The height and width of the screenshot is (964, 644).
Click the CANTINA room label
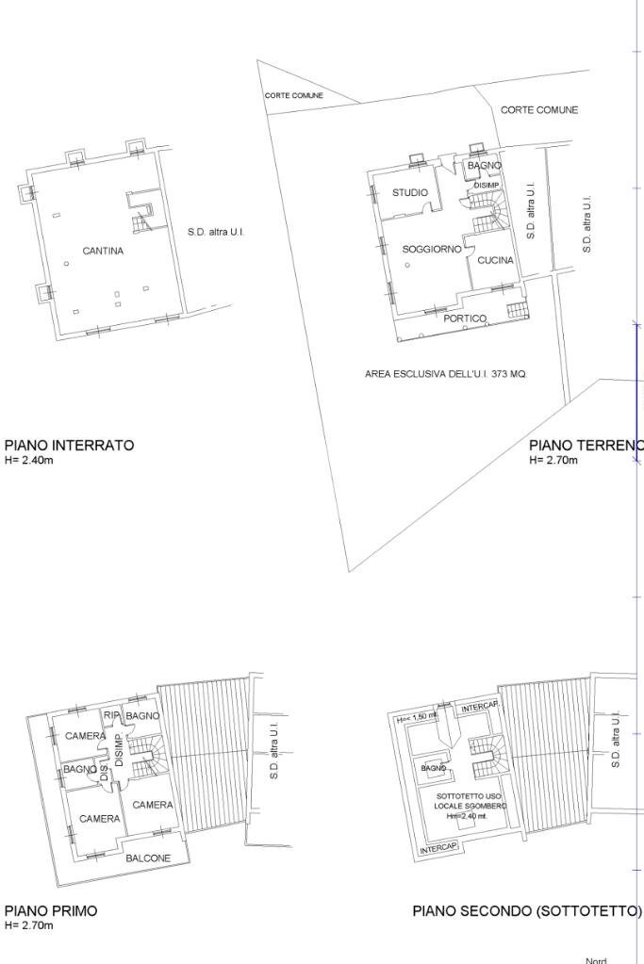[103, 252]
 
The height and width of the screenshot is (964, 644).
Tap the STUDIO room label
[410, 192]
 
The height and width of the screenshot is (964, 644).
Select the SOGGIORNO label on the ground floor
[432, 250]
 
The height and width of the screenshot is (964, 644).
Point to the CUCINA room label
[495, 260]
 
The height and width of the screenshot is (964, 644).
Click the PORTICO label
[466, 319]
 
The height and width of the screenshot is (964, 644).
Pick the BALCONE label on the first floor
[148, 858]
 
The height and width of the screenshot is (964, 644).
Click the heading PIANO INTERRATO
[69, 445]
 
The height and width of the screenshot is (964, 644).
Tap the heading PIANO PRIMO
[51, 911]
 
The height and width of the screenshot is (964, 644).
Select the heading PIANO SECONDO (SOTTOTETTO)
[527, 911]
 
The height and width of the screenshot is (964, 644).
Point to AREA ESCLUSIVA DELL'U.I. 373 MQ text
[446, 374]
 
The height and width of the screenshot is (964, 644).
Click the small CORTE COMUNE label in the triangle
[293, 95]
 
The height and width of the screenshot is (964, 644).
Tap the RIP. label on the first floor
[112, 716]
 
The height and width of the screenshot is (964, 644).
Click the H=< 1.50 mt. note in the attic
[416, 718]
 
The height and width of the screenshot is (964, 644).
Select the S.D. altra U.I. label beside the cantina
[216, 232]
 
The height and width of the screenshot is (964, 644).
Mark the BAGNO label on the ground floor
[484, 166]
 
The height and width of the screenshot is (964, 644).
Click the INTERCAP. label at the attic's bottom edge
[438, 848]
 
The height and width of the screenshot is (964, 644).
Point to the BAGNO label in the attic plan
[434, 769]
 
